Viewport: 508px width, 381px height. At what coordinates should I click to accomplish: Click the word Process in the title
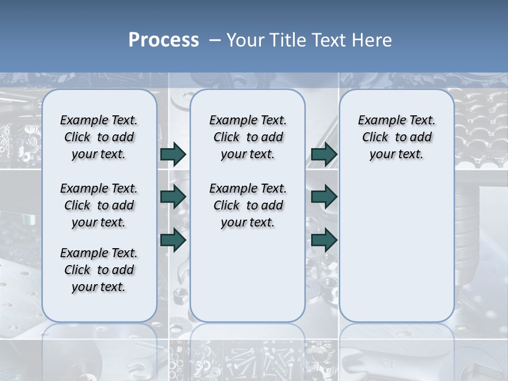164,40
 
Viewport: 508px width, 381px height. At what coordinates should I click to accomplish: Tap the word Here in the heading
373,40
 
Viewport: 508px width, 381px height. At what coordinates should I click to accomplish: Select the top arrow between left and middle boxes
173,154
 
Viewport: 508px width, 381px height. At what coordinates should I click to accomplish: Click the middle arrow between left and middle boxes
173,197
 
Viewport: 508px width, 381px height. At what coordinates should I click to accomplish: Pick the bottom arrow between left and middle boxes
173,240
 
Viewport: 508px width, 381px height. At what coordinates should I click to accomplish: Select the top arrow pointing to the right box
324,154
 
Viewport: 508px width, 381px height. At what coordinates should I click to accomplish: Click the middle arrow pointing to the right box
324,197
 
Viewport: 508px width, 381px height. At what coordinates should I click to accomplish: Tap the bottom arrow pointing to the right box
324,240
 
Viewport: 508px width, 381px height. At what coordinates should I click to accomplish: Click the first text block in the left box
99,137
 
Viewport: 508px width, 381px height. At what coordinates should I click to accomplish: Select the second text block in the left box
99,205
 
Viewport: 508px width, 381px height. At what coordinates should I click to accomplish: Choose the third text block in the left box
99,270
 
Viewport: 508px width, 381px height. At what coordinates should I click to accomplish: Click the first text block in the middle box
248,137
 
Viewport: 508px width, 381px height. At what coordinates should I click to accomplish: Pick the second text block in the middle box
248,205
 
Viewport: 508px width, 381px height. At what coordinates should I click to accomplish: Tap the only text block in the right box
396,137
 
